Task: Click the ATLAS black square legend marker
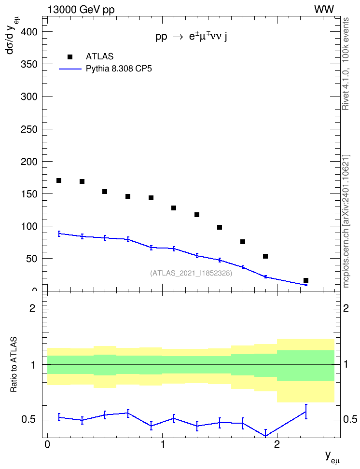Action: (x=69, y=57)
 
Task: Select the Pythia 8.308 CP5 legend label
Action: (x=119, y=69)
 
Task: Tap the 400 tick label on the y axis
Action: (x=29, y=32)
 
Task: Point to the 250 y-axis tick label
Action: (x=29, y=129)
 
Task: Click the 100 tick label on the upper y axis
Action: (x=29, y=226)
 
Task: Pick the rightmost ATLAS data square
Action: (x=306, y=280)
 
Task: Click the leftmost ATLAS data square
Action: (x=59, y=180)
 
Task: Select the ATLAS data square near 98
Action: (x=220, y=227)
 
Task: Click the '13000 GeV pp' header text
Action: (x=81, y=10)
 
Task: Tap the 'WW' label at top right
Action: (x=324, y=10)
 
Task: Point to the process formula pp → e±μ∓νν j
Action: (x=191, y=37)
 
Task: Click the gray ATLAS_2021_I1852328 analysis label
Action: (x=191, y=273)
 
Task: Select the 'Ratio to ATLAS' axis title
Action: (x=14, y=365)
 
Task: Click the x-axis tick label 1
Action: (x=163, y=444)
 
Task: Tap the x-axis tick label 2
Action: (x=277, y=444)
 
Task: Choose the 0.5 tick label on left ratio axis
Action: (x=28, y=420)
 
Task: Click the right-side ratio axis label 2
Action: (x=346, y=308)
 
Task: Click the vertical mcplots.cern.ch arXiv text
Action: (x=346, y=221)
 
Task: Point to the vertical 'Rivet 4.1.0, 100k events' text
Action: (x=346, y=64)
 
